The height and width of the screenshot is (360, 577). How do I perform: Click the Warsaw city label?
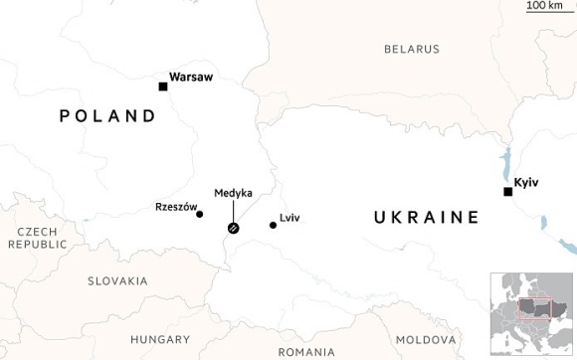pyautogui.click(x=191, y=77)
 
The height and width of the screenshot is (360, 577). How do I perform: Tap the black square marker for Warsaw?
pyautogui.click(x=163, y=87)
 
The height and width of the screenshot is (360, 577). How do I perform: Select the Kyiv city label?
pyautogui.click(x=526, y=182)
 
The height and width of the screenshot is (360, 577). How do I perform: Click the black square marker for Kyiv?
pyautogui.click(x=507, y=192)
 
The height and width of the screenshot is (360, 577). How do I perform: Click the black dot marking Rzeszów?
pyautogui.click(x=200, y=214)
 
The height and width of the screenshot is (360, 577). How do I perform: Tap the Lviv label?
pyautogui.click(x=289, y=218)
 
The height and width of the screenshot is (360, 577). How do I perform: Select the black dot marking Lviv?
pyautogui.click(x=273, y=225)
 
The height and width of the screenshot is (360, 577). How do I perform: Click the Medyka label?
pyautogui.click(x=233, y=193)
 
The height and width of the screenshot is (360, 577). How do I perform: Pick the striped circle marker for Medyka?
pyautogui.click(x=233, y=229)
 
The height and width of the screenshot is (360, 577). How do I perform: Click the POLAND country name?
pyautogui.click(x=107, y=116)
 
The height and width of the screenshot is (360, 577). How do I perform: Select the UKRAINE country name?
pyautogui.click(x=427, y=217)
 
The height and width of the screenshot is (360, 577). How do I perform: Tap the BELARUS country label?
pyautogui.click(x=412, y=49)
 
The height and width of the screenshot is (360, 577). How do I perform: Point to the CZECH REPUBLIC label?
pyautogui.click(x=37, y=238)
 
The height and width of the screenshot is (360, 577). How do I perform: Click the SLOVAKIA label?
pyautogui.click(x=117, y=281)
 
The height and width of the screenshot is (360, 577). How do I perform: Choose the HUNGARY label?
pyautogui.click(x=160, y=339)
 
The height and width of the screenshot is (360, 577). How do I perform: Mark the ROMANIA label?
pyautogui.click(x=307, y=352)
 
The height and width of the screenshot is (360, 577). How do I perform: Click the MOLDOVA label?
pyautogui.click(x=426, y=339)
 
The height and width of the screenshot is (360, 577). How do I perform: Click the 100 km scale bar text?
pyautogui.click(x=545, y=6)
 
